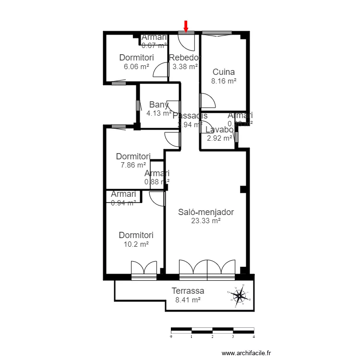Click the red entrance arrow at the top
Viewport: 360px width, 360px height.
point(186,26)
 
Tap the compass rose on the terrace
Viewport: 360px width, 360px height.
point(239,296)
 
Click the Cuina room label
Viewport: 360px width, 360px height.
point(224,72)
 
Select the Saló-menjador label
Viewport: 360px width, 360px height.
point(205,212)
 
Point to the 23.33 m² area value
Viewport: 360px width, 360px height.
point(205,221)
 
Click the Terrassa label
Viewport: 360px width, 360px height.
point(188,291)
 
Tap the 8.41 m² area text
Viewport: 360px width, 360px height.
point(188,300)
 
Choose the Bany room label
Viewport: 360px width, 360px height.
point(159,105)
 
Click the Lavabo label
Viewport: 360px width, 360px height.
point(219,130)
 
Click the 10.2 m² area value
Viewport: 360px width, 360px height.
point(136,244)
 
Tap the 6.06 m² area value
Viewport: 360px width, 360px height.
point(136,67)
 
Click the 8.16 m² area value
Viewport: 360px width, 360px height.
point(224,82)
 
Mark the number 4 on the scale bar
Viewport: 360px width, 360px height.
point(253,337)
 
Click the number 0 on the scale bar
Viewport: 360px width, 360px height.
point(171,337)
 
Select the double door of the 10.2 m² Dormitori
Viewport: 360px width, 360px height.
point(144,268)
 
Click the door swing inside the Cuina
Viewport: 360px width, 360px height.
point(207,101)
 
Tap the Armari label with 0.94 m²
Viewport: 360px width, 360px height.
point(123,194)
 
